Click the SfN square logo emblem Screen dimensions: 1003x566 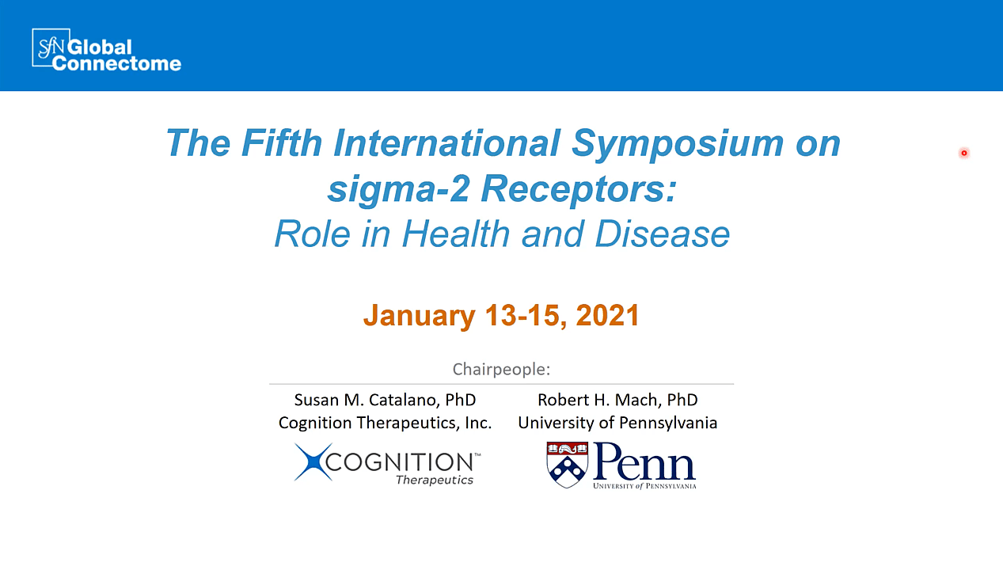coord(51,48)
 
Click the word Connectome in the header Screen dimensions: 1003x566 coord(116,63)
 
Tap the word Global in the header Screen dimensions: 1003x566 coord(100,47)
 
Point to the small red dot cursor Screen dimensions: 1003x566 coord(964,153)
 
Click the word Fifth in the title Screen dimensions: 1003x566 coord(282,142)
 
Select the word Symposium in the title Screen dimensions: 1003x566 coord(678,144)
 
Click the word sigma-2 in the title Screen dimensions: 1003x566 coord(398,190)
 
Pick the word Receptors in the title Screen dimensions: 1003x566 coord(578,190)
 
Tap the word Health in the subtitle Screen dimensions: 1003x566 coord(456,234)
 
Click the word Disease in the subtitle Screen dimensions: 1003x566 coord(663,234)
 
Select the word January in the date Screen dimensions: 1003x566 coord(419,317)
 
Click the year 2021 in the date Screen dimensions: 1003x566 coord(607,315)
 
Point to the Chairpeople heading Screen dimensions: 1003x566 coord(502,370)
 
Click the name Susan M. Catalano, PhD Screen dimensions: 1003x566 coord(385,400)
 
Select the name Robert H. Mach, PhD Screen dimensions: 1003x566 coord(617,400)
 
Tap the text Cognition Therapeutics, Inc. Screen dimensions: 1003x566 coord(385,423)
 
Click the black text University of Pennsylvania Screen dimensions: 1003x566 coord(617,423)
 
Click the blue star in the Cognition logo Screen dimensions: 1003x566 coord(313,462)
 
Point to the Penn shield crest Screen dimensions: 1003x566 coord(568,465)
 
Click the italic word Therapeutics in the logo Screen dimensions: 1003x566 coord(435,480)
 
